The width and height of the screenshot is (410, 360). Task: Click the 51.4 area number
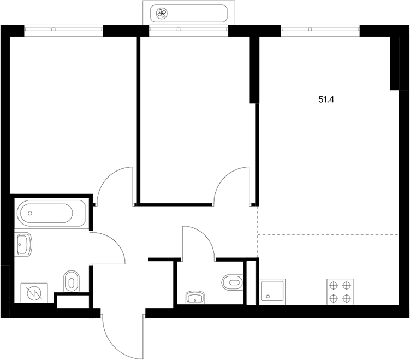tap(326, 99)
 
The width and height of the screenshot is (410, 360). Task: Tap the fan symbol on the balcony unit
tap(162, 13)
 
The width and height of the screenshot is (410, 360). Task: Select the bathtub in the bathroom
tap(51, 213)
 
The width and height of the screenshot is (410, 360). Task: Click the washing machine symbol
tap(34, 293)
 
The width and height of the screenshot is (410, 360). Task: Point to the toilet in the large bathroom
tap(71, 281)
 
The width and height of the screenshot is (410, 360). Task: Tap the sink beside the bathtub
tap(25, 245)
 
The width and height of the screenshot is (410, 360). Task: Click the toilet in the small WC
tap(233, 282)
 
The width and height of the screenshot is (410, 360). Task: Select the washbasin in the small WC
tap(195, 298)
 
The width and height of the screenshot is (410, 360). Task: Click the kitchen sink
tap(272, 292)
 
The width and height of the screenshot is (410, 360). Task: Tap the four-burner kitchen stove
tap(340, 292)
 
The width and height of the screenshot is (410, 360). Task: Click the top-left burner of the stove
tap(334, 285)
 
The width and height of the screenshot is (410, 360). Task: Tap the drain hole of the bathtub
tap(30, 213)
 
